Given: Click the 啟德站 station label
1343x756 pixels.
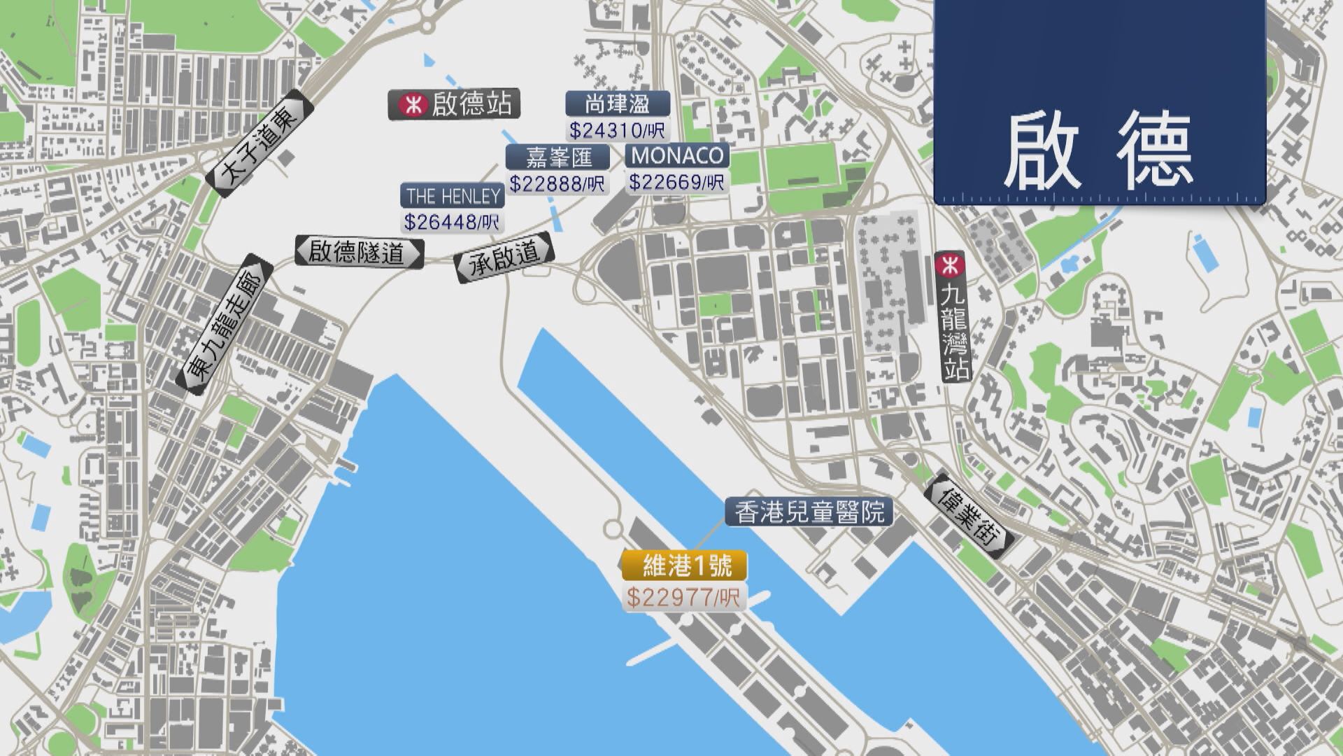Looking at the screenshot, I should coord(471,105).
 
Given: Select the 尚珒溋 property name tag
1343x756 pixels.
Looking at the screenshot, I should coord(618,104).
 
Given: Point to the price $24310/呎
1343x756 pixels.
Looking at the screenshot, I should coord(618,130).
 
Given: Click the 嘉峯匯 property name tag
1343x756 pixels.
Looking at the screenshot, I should coord(558,157).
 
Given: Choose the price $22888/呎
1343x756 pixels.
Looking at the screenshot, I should coord(557,183).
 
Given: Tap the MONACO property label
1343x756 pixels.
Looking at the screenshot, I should coord(676,155).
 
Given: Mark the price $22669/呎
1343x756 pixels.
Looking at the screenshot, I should coord(676,182).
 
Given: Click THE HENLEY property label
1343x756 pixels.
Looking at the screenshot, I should coord(453,195).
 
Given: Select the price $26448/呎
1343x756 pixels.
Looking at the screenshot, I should coord(453,222).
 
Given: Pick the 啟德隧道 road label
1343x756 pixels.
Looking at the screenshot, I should coord(359,252).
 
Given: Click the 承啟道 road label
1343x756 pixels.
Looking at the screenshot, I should coord(504,256).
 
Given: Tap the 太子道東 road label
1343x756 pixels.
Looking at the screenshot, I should coord(260,144).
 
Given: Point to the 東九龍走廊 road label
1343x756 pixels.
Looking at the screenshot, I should coord(224,325).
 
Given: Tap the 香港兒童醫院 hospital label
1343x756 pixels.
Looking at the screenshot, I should coord(809,512).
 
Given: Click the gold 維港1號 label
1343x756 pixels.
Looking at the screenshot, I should coord(685,566).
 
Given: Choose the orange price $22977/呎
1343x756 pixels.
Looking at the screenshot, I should coord(684,597).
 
